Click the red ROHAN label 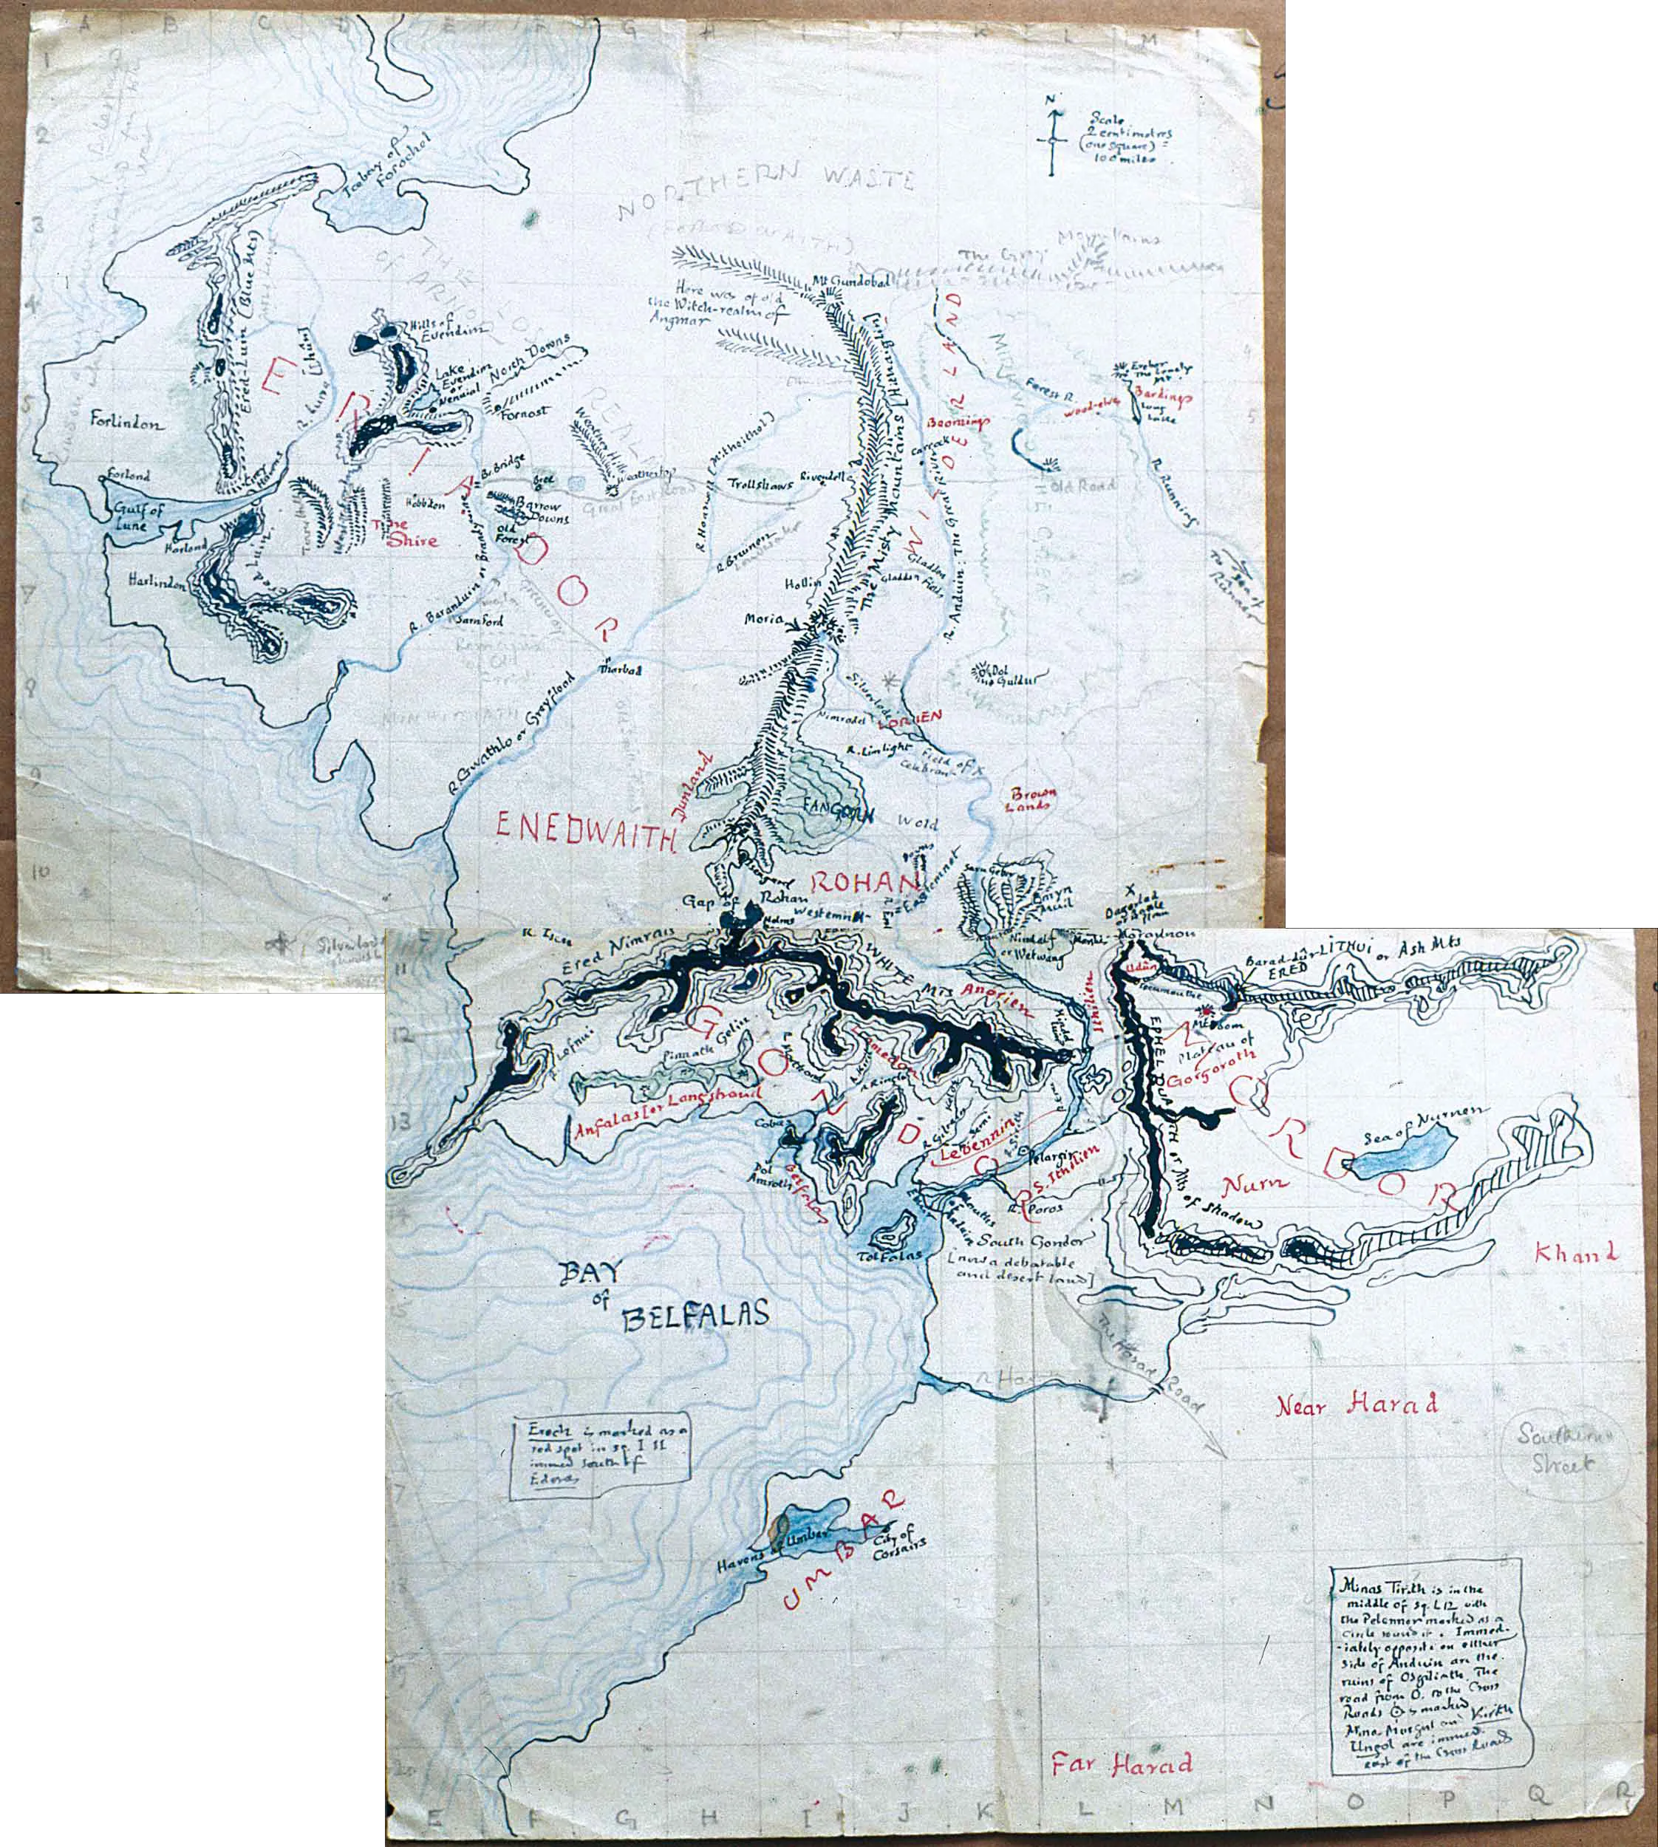(x=861, y=883)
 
